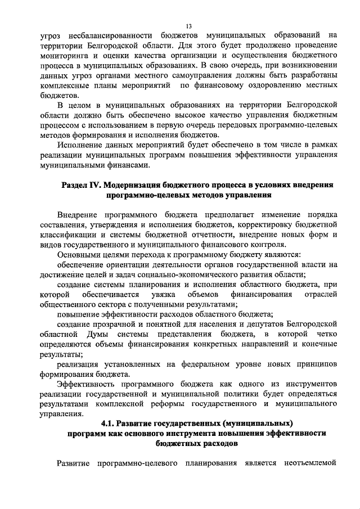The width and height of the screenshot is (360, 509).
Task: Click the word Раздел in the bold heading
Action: click(x=74, y=185)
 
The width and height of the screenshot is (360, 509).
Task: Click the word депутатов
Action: click(x=265, y=325)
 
